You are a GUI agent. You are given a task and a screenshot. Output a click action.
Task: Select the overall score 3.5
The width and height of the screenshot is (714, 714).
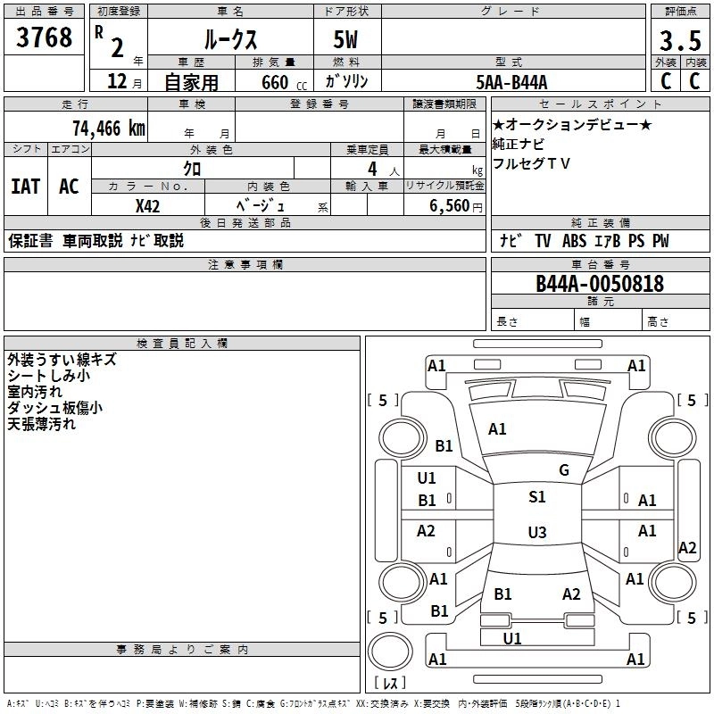679,41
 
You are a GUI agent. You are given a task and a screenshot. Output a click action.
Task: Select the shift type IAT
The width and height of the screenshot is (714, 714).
25,187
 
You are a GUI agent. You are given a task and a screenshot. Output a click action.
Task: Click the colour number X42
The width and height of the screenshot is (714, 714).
147,205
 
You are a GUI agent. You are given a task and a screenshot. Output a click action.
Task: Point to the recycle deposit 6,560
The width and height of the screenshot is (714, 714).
450,205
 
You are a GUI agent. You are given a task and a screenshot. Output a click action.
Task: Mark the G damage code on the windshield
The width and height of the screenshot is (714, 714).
564,470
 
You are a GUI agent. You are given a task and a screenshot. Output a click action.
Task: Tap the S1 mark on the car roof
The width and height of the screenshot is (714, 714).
537,497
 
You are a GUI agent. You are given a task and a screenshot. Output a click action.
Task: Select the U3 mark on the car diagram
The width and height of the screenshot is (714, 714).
536,533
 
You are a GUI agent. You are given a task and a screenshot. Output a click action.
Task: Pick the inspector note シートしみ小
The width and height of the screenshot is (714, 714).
48,377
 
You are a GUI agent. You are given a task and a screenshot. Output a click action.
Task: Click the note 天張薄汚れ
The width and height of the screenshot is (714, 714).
42,424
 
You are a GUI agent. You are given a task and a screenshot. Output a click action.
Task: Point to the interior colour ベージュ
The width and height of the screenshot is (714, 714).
260,205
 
